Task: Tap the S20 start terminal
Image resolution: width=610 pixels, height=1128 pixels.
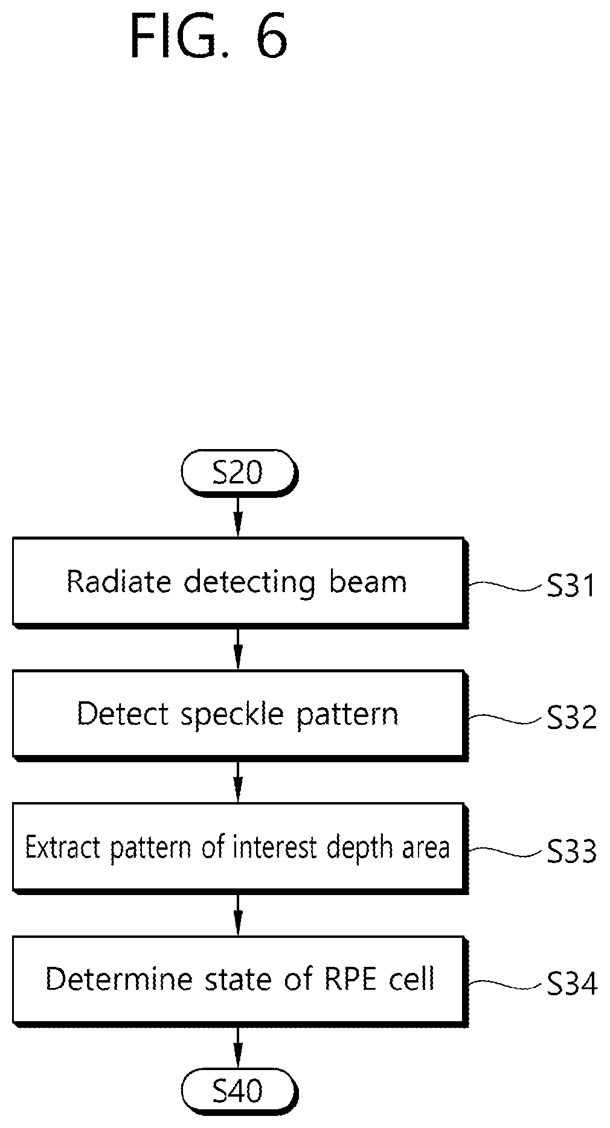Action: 239,473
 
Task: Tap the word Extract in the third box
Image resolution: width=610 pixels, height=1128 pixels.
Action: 64,847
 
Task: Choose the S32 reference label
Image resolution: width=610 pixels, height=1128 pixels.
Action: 571,718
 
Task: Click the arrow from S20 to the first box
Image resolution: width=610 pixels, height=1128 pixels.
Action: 238,516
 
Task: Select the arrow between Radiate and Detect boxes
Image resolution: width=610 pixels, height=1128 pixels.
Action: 238,649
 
